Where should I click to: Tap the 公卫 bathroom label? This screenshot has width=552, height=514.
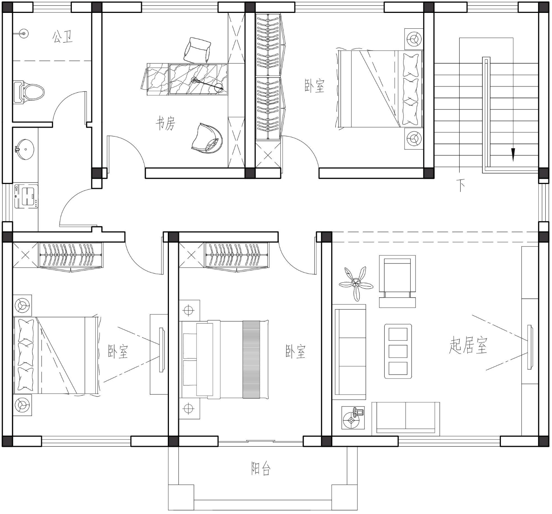63,37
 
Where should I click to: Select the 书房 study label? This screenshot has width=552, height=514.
166,123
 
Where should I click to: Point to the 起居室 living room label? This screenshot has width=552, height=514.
468,345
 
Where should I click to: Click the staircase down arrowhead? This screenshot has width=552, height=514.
513,155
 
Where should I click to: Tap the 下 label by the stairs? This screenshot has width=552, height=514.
461,185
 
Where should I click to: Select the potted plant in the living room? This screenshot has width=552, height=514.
356,284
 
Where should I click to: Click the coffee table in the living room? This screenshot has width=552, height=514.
398,351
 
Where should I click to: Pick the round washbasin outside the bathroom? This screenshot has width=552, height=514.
25,149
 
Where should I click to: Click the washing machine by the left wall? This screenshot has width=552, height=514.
26,196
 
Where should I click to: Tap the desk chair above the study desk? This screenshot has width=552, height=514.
197,50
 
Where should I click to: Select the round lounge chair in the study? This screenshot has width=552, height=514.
207,138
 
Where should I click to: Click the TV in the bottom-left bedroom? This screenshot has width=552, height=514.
162,350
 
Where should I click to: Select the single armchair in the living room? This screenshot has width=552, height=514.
397,281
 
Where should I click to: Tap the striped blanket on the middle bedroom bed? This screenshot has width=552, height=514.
251,360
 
